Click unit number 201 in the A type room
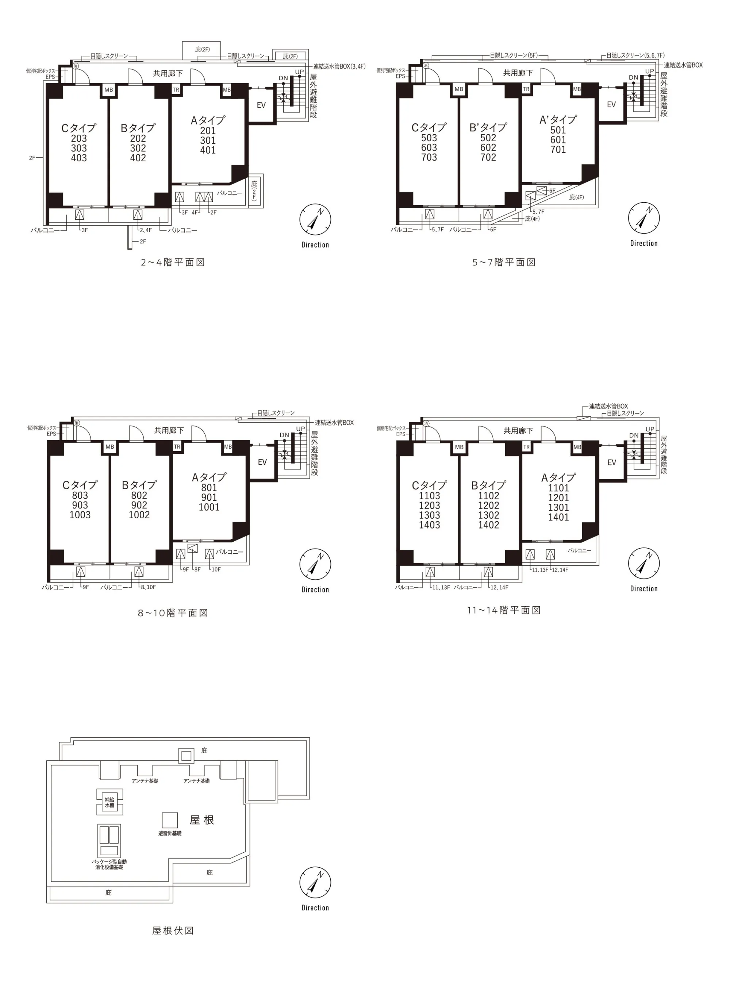point(208,131)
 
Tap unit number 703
point(429,157)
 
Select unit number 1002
point(139,515)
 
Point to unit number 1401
point(558,517)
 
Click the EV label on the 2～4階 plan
point(261,105)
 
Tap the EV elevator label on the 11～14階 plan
point(612,462)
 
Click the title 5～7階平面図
point(504,262)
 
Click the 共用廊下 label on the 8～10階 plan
point(169,430)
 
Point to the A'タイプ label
point(558,120)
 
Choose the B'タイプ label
point(488,128)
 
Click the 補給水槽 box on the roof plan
point(109,802)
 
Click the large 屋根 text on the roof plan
point(202,820)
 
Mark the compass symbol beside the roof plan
point(315,883)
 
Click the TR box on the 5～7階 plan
point(526,89)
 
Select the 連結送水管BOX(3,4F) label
point(339,67)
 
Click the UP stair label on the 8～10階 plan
point(300,429)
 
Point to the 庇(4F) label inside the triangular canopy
point(576,197)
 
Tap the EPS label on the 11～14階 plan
point(401,434)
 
